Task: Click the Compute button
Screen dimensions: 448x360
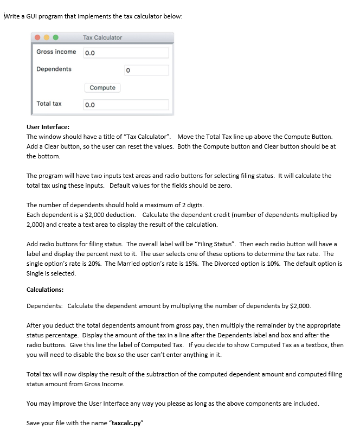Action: coord(102,88)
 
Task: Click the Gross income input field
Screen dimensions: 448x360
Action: coord(126,53)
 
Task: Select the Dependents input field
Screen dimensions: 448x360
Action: coord(126,71)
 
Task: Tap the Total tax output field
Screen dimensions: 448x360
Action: coord(126,105)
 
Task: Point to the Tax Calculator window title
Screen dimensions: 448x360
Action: coord(102,37)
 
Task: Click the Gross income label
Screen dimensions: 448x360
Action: coord(56,52)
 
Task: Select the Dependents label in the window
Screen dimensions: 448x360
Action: coord(54,69)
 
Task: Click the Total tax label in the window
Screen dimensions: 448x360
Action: coord(49,104)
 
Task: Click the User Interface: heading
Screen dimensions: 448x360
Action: coord(48,127)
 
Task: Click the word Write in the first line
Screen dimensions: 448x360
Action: coord(11,16)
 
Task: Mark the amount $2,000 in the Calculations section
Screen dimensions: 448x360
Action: coord(299,306)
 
